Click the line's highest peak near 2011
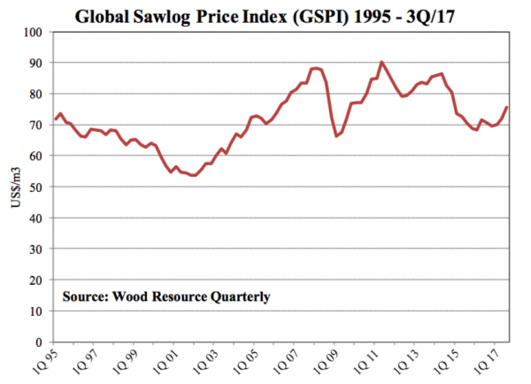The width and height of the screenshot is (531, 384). [x=381, y=62]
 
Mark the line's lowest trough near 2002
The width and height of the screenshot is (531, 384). [x=195, y=176]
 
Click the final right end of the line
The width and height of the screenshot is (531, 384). [x=506, y=108]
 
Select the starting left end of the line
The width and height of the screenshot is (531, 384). [x=56, y=119]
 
